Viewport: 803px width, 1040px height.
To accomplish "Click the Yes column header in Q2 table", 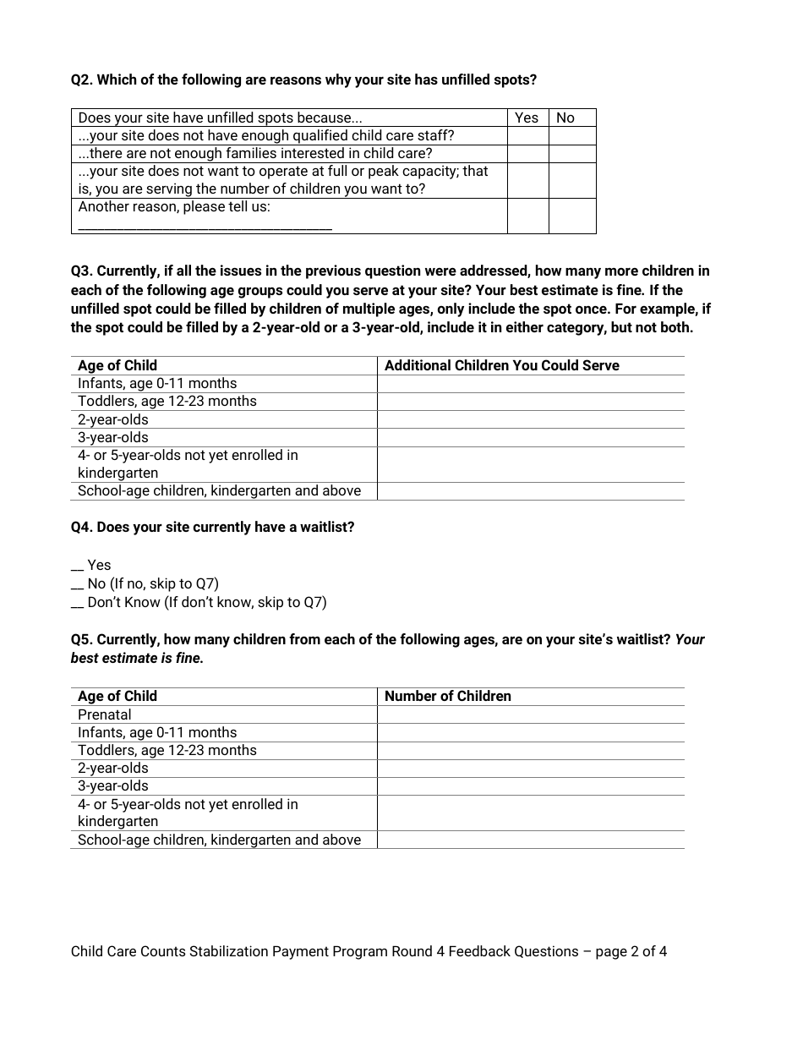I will click(x=527, y=118).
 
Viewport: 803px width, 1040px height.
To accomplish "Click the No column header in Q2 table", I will click(x=565, y=118).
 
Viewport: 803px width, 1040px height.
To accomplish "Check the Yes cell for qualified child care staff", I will click(x=527, y=135).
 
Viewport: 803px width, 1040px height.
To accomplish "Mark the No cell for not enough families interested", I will click(x=572, y=153).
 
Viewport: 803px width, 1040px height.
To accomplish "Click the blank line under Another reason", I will click(x=205, y=226).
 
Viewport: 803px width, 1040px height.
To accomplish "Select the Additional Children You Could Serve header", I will click(x=501, y=365).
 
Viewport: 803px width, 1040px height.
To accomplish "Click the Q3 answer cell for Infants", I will click(x=530, y=384).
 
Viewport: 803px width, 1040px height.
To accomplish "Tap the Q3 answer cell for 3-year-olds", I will click(x=530, y=438).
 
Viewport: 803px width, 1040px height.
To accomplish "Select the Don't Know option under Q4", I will click(x=199, y=602).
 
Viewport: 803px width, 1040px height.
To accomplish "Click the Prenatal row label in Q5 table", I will click(x=105, y=714).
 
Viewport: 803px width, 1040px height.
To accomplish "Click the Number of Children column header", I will click(x=448, y=696).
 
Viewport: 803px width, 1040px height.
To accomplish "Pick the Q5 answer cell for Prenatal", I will click(x=530, y=714).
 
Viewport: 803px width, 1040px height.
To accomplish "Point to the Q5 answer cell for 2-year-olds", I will click(x=530, y=769).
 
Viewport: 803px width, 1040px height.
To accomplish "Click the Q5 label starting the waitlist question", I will click(x=82, y=639).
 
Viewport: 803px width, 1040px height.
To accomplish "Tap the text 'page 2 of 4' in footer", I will click(x=631, y=951).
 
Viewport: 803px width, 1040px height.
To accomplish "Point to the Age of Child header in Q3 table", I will click(x=117, y=365).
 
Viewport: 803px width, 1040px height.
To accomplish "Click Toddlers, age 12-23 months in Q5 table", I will click(x=167, y=750).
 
